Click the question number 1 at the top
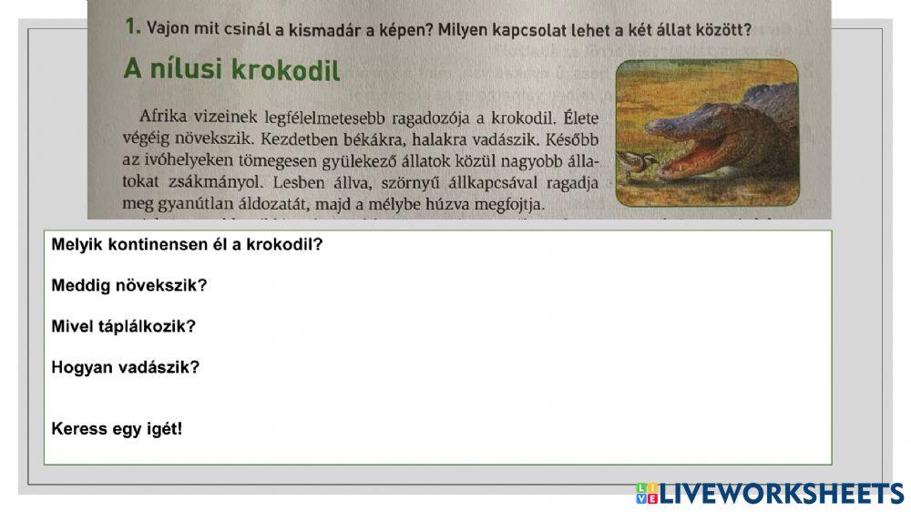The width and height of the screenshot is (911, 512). point(132,26)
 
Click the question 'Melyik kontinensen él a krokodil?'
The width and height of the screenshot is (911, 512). point(188,245)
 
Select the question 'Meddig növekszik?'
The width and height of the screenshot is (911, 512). point(129,285)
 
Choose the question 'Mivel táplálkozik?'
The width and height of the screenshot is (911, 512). point(124,326)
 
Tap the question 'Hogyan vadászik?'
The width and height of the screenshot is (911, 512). point(126,367)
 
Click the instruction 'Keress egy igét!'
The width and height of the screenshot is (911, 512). point(118,428)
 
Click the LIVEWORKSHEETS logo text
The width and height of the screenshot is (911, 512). point(782,494)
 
